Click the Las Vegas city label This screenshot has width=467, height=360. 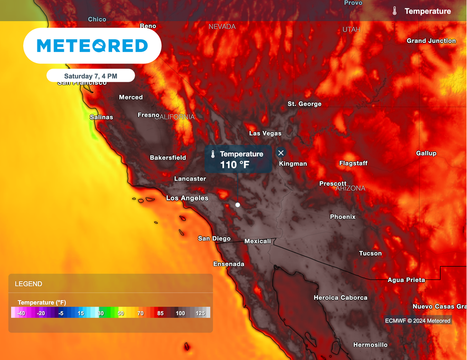coord(265,133)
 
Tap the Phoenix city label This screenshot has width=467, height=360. coord(342,217)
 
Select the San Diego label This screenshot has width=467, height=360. coord(214,239)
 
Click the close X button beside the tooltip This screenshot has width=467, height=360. coord(281,153)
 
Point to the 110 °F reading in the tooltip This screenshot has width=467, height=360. coord(234,165)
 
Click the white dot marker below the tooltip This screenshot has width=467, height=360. coord(238,205)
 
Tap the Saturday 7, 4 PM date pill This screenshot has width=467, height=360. coord(90,76)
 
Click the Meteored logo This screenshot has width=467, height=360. coord(92,46)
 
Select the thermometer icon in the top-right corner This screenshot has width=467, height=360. coord(394,11)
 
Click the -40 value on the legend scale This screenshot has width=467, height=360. coord(21,313)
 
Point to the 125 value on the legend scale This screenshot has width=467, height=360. coord(200,313)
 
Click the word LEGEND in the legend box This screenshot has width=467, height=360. coord(28,284)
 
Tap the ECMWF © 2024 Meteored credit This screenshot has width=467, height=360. coord(418,321)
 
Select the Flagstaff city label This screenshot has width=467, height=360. coord(353,163)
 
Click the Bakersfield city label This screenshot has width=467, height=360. coord(168,157)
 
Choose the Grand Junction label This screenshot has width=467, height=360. coord(431,41)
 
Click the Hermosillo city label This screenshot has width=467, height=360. coord(370,344)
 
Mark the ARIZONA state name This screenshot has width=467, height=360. coord(350,188)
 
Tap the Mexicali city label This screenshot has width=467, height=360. coord(257,241)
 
